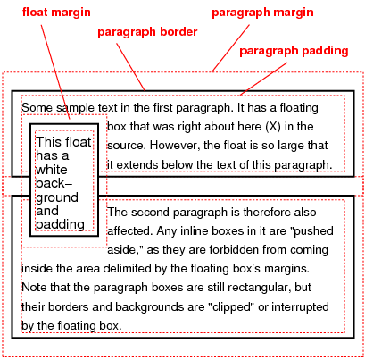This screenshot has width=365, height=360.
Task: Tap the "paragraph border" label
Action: click(147, 33)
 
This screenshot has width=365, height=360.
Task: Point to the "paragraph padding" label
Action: click(294, 51)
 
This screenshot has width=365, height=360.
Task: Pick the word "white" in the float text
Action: click(51, 169)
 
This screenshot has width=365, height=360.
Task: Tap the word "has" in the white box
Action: click(46, 155)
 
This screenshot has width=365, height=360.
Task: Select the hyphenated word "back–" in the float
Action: click(54, 183)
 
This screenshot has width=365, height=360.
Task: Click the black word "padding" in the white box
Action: click(59, 223)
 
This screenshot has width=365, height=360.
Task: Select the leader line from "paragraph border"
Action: click(129, 64)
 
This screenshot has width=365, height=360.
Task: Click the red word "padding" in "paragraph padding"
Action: click(323, 51)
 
